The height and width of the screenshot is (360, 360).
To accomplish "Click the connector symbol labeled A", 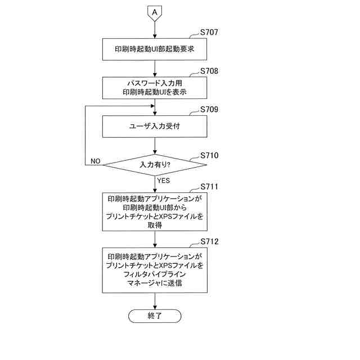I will (154, 12).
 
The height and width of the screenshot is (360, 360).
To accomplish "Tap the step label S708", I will (209, 71).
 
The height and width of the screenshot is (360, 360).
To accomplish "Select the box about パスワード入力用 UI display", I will (154, 87).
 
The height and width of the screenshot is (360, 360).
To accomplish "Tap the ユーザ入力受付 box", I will (154, 126).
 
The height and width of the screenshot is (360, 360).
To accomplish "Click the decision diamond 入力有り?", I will (154, 164).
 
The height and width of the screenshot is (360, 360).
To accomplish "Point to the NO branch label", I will (95, 161).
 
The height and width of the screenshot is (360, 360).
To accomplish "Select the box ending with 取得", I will (154, 211).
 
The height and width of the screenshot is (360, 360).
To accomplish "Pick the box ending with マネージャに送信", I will (154, 270).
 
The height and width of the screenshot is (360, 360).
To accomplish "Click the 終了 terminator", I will (154, 316).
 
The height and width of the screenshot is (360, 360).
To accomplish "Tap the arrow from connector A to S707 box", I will (154, 29).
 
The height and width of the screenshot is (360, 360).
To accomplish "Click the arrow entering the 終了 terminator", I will (154, 301).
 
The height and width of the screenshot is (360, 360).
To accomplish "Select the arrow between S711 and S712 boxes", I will (154, 239).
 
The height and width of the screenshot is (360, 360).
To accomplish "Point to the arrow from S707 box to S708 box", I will (154, 67).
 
